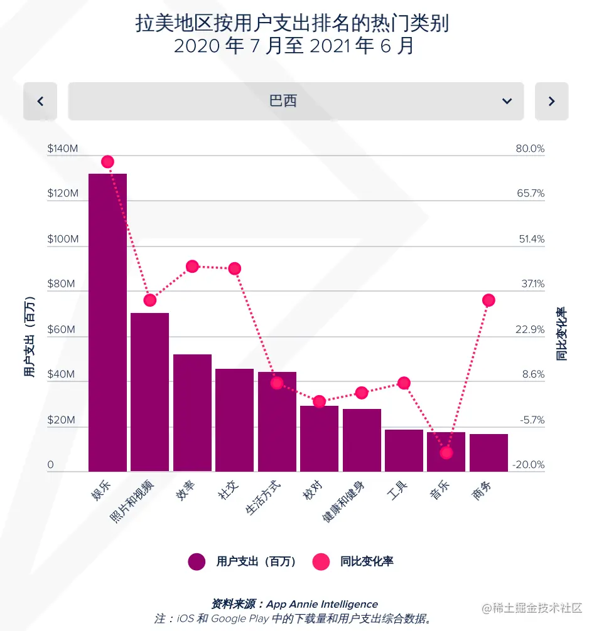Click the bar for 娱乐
pos(107,322)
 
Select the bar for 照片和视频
pos(149,391)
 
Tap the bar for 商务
pos(488,452)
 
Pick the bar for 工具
pos(404,450)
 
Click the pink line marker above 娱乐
pos(107,162)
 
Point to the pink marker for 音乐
pos(446,452)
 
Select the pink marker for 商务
pos(488,300)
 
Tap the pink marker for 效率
pos(192,267)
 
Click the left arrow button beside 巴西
pos(40,101)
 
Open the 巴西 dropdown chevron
pos(507,101)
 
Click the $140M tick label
pos(63,149)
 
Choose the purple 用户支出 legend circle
pos(197,561)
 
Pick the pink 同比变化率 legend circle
pos(321,561)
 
